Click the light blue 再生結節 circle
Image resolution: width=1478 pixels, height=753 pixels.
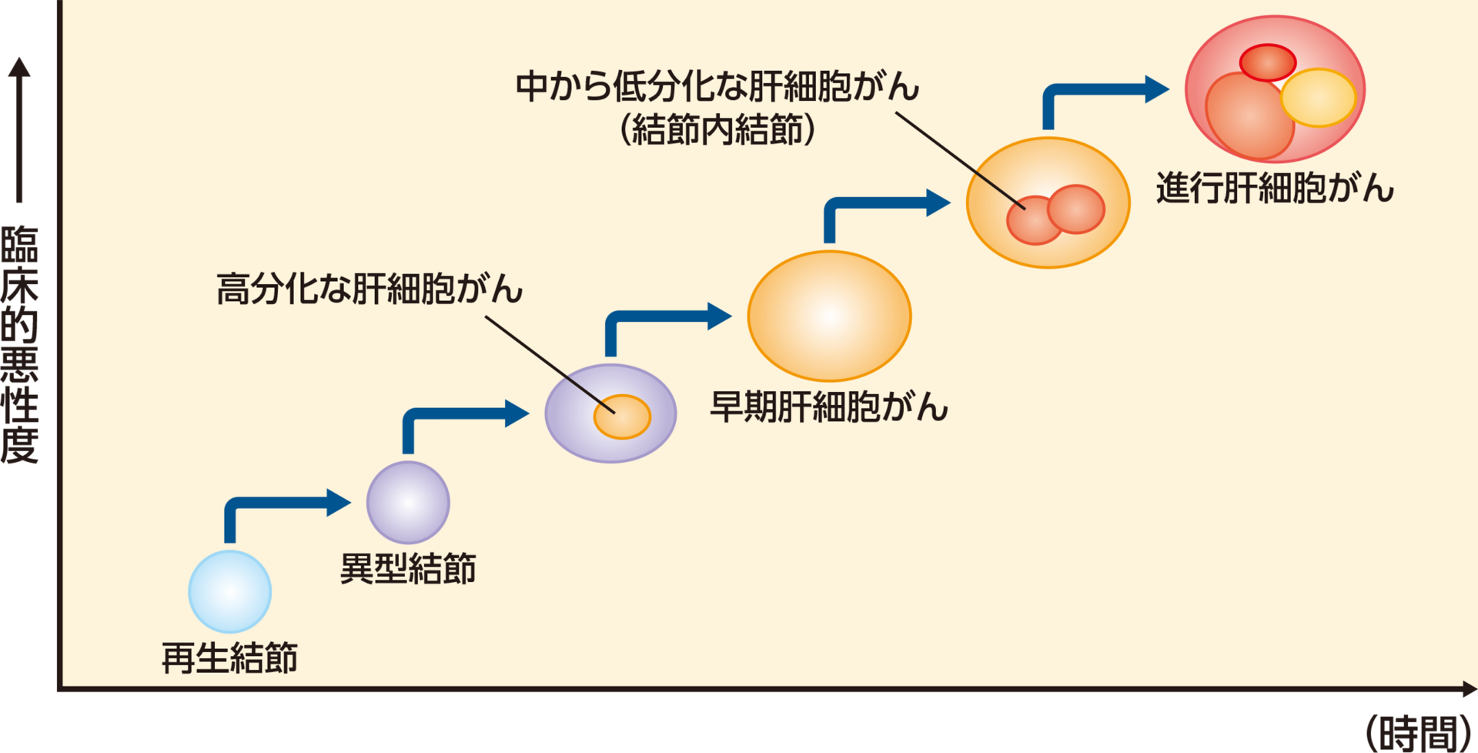pos(229,591)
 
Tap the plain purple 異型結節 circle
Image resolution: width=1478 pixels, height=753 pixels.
pos(408,502)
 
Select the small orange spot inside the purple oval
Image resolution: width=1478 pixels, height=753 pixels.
pos(622,417)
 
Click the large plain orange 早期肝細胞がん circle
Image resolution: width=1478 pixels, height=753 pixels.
pos(829,316)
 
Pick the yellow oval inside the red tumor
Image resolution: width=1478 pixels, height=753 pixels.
pos(1318,98)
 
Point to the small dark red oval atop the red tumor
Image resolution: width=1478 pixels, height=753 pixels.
pos(1267,62)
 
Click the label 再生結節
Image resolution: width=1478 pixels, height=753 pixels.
pos(229,658)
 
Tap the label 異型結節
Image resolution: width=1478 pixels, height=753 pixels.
pos(408,569)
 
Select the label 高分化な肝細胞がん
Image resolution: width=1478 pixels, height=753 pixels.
pos(369,290)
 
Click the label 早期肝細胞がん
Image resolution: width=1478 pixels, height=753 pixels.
pos(828,407)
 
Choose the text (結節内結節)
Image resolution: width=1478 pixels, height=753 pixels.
pos(717,129)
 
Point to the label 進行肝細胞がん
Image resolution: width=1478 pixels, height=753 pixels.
pos(1275,188)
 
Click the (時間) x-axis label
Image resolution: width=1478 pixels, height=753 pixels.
pos(1419,733)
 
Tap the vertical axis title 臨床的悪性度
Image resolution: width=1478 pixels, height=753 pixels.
pos(19,344)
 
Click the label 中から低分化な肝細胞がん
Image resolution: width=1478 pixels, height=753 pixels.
pos(717,86)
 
